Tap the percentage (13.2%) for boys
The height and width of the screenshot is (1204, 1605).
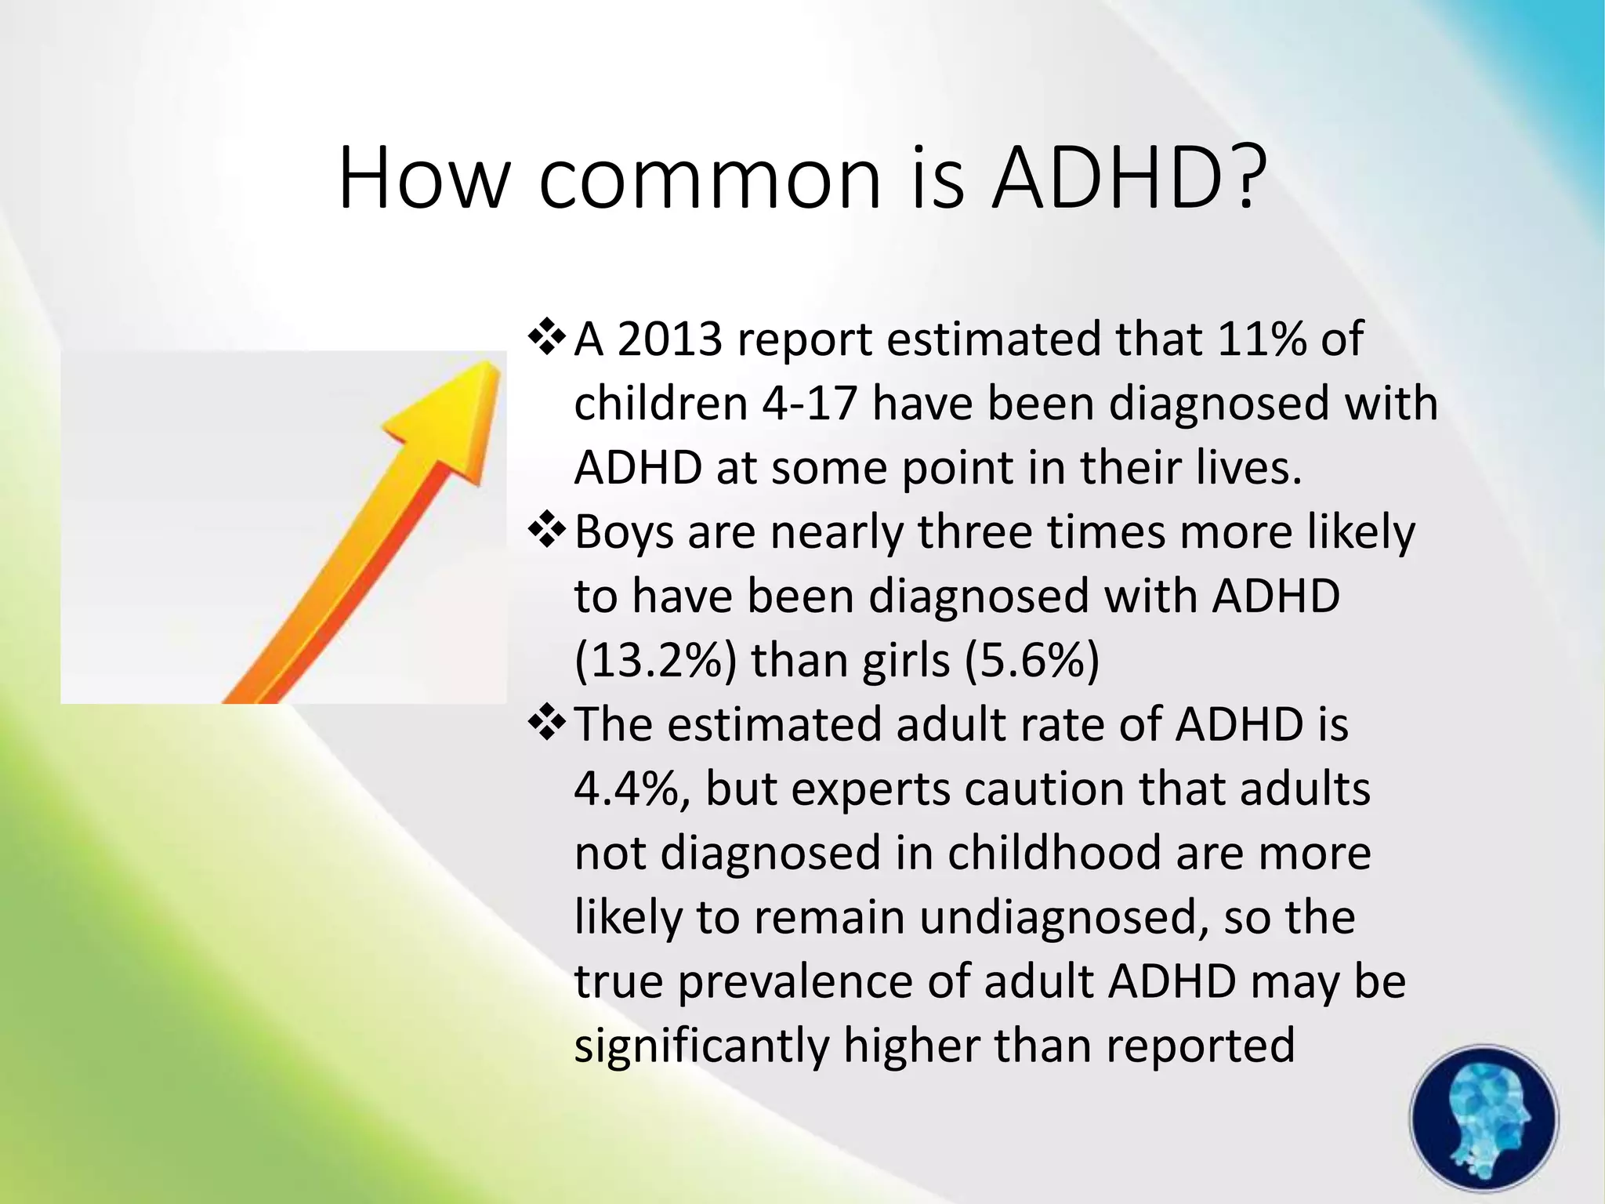tap(655, 661)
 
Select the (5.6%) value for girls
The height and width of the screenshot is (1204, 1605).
tap(1032, 661)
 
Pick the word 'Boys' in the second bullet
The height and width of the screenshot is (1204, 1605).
tap(624, 533)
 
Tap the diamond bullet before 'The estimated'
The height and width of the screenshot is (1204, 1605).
tap(547, 723)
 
